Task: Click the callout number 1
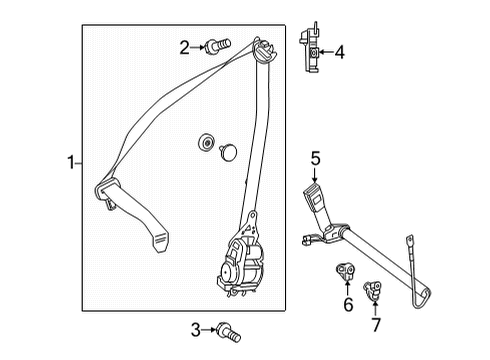pyautogui.click(x=70, y=163)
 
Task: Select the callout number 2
pyautogui.click(x=185, y=47)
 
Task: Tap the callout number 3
pyautogui.click(x=196, y=330)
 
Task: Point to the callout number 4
pyautogui.click(x=340, y=53)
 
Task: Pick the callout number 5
pyautogui.click(x=315, y=158)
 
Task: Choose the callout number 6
pyautogui.click(x=348, y=305)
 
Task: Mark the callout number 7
pyautogui.click(x=376, y=325)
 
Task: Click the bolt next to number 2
pyautogui.click(x=217, y=46)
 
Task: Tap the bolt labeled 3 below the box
pyautogui.click(x=229, y=332)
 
